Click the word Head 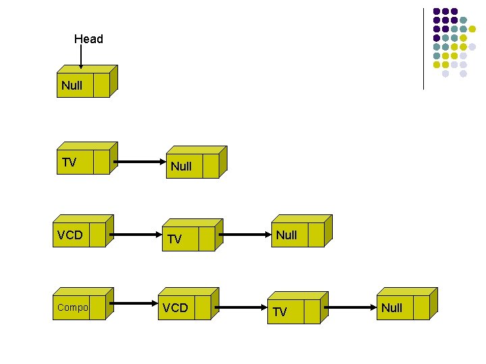88,39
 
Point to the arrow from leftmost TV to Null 140,162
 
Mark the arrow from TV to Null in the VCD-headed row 246,235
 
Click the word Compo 72,307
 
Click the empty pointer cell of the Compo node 97,307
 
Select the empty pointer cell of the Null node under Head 101,86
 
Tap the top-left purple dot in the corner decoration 437,11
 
